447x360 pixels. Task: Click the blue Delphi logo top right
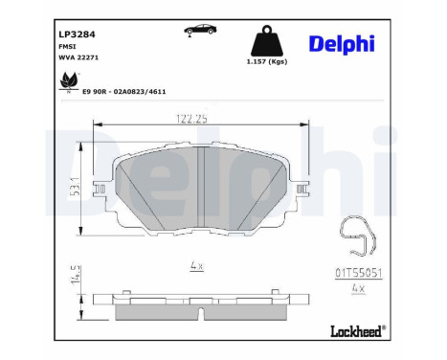click(x=342, y=44)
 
